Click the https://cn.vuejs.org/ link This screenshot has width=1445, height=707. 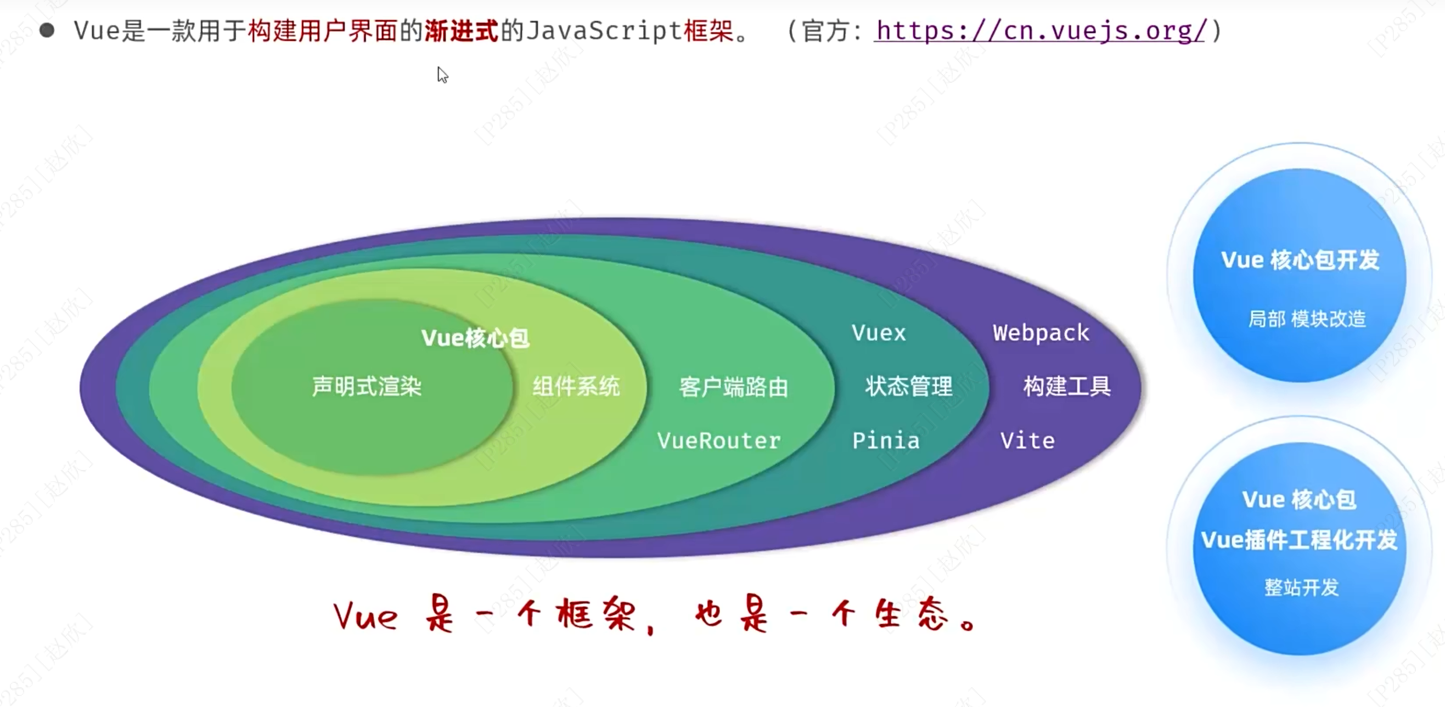pyautogui.click(x=1041, y=31)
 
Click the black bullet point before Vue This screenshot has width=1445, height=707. pyautogui.click(x=47, y=30)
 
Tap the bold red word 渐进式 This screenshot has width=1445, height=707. pyautogui.click(x=461, y=31)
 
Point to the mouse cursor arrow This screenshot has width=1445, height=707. pyautogui.click(x=442, y=74)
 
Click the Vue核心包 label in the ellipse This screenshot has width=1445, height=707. pyautogui.click(x=475, y=337)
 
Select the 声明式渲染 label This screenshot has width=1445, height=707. pyautogui.click(x=366, y=386)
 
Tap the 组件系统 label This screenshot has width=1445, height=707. pyautogui.click(x=576, y=386)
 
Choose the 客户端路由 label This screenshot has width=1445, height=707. pyautogui.click(x=734, y=387)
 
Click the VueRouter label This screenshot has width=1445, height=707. pyautogui.click(x=718, y=440)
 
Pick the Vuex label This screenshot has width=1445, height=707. pyautogui.click(x=879, y=333)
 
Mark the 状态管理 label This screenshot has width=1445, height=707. pyautogui.click(x=909, y=386)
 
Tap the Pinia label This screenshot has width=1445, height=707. pyautogui.click(x=886, y=440)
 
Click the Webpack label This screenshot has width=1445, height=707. pyautogui.click(x=1041, y=333)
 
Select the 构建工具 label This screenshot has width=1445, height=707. pyautogui.click(x=1067, y=386)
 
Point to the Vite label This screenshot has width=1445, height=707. pyautogui.click(x=1028, y=440)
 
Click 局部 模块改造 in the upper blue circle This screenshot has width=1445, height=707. pyautogui.click(x=1307, y=319)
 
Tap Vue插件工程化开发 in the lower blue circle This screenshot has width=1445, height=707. pyautogui.click(x=1299, y=540)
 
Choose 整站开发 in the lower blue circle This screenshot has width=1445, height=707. pyautogui.click(x=1301, y=587)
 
